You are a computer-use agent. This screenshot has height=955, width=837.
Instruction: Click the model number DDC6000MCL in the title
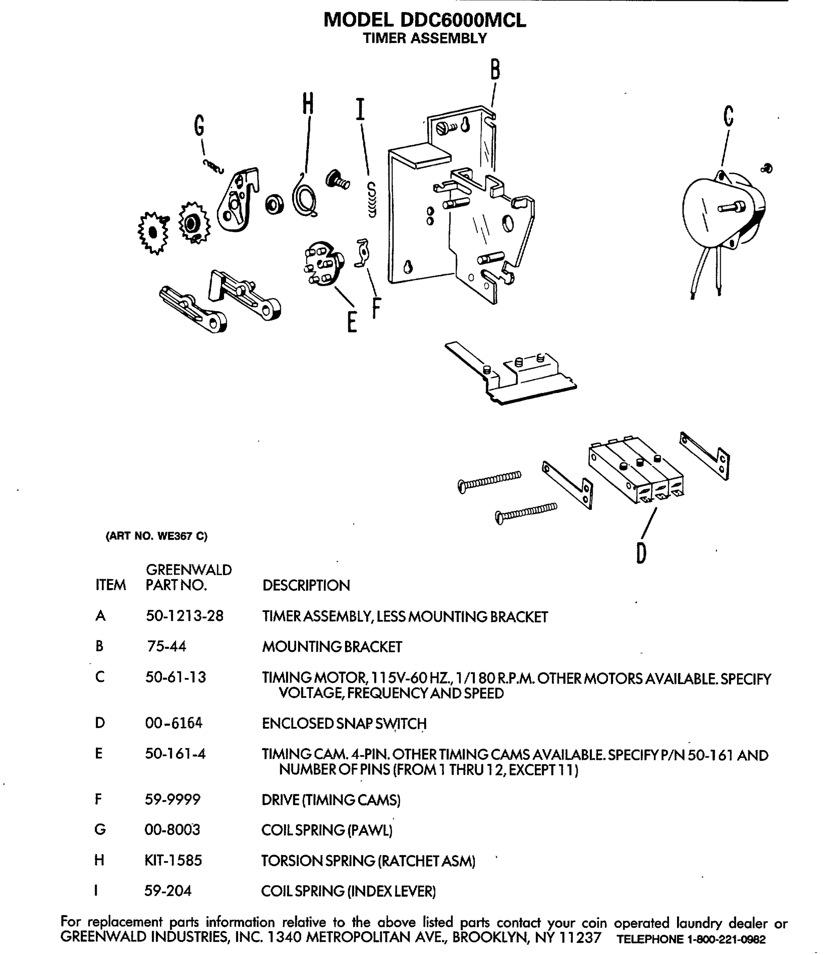[463, 20]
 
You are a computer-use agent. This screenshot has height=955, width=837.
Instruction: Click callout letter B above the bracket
[495, 70]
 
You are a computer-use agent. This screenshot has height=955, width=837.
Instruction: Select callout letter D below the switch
[641, 554]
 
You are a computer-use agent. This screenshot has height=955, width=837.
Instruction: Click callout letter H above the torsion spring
[308, 104]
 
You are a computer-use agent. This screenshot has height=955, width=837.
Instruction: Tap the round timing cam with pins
[323, 264]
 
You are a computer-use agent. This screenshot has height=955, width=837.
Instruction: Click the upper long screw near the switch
[490, 481]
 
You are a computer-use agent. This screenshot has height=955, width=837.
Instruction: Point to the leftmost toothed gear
[153, 232]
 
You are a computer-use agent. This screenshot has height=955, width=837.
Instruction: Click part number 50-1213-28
[185, 616]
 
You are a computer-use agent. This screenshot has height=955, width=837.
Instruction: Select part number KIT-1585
[173, 860]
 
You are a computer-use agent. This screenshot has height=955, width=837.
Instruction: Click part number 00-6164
[174, 723]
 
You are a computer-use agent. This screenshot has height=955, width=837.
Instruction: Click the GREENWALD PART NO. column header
[188, 577]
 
